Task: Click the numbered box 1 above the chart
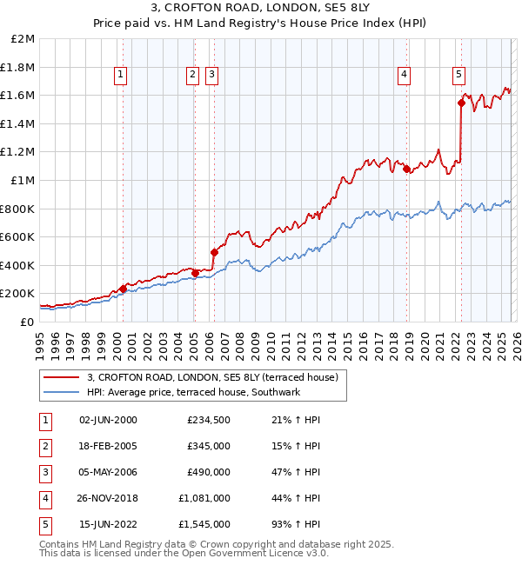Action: point(121,76)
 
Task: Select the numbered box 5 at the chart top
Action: point(458,76)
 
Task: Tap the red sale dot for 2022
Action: point(461,103)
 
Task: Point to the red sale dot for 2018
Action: point(406,169)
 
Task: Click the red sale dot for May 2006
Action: point(214,252)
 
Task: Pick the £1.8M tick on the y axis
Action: point(18,67)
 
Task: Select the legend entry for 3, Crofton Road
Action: point(217,377)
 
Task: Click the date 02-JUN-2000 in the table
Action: point(108,420)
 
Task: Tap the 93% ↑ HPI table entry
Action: point(295,524)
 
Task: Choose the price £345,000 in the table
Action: point(208,446)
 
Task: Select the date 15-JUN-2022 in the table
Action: point(108,524)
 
